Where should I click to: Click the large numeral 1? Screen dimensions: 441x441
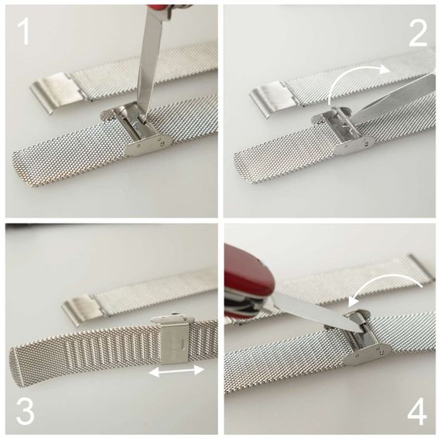coord(25,31)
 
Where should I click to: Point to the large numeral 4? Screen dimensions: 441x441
coord(417,412)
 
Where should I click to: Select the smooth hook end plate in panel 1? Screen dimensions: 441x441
coord(56,91)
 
